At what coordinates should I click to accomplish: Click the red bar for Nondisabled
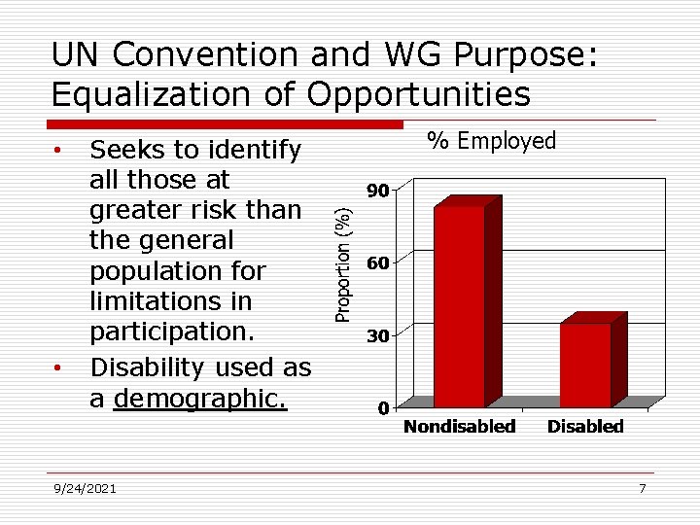tap(459, 305)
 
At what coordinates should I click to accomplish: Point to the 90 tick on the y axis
tap(377, 191)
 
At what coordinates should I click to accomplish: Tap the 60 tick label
tap(377, 263)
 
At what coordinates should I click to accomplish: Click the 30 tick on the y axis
tap(377, 336)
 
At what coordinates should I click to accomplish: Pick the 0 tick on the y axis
tap(383, 408)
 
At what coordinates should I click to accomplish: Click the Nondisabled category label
tap(459, 427)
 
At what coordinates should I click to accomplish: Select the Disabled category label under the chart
tap(585, 427)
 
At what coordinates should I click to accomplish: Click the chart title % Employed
tap(493, 142)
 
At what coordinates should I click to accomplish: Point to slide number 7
tap(642, 488)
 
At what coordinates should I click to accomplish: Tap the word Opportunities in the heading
tap(419, 94)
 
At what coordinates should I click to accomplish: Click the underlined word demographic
tap(200, 399)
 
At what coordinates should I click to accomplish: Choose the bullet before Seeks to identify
tap(59, 151)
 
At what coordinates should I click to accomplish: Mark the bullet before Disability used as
tap(59, 368)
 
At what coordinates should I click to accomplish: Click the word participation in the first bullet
tap(171, 331)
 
